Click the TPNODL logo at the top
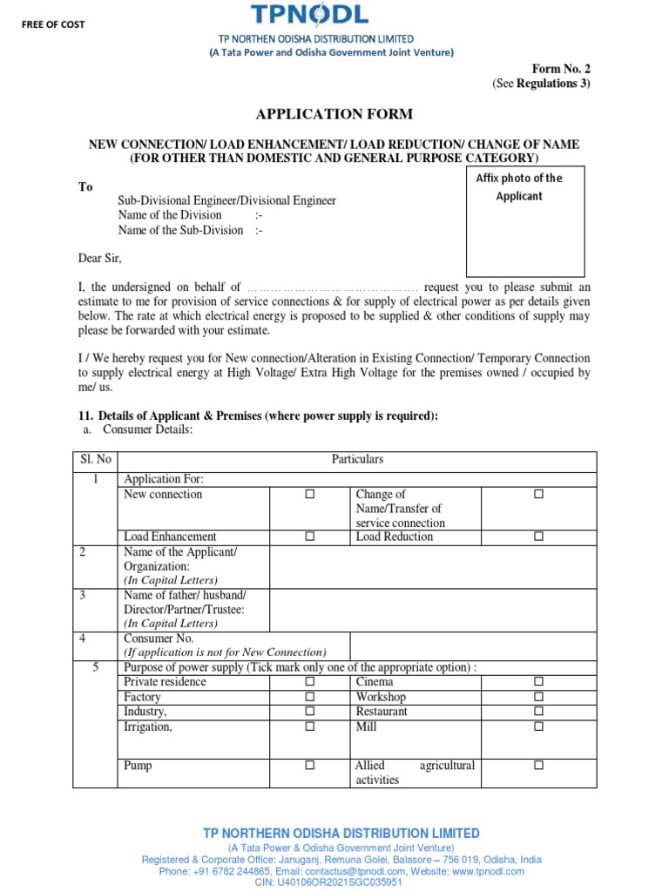[310, 16]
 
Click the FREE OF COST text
[54, 24]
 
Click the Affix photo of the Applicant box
[524, 221]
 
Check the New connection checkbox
[309, 495]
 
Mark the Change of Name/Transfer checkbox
[538, 495]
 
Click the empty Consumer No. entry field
[472, 645]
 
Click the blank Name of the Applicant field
[433, 567]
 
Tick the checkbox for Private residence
[309, 682]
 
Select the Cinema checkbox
[538, 682]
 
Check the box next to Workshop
[538, 698]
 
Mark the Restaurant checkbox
[538, 712]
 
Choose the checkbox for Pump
[309, 766]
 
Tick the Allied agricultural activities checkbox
[538, 766]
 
